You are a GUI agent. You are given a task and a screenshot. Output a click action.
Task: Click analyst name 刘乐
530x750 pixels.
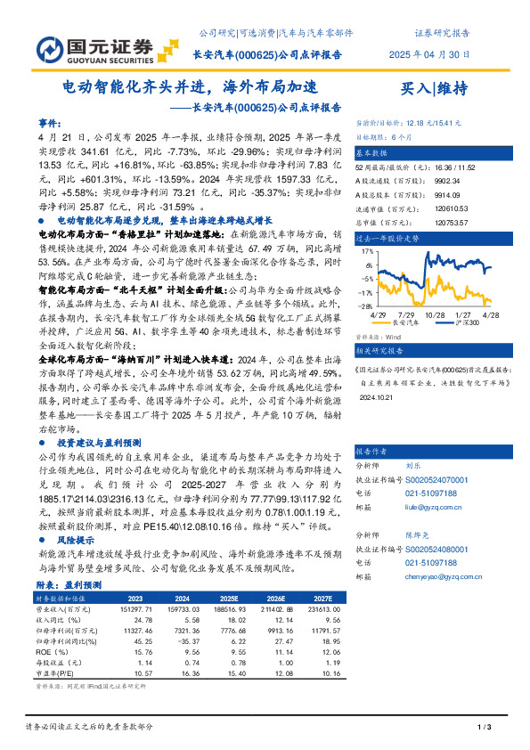point(412,465)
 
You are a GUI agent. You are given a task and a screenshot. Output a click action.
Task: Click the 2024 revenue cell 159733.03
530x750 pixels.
point(172,608)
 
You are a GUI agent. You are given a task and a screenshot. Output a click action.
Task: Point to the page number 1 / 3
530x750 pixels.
point(485,729)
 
